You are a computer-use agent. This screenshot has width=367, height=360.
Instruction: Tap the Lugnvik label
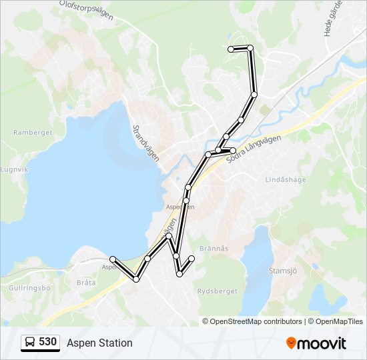coord(15,169)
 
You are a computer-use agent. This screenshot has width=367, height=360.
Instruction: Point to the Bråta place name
coord(86,283)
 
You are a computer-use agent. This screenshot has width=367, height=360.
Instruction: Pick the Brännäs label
coord(213,248)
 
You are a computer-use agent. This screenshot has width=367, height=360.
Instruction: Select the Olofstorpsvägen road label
coord(84,11)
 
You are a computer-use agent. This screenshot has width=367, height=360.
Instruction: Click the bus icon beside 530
coord(30,343)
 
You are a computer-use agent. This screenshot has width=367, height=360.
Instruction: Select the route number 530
coord(47,342)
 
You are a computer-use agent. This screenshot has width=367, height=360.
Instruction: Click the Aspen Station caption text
coord(99,343)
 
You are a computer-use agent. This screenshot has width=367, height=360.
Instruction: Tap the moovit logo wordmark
coord(322,343)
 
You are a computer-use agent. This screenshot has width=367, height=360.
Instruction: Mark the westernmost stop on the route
coord(113,259)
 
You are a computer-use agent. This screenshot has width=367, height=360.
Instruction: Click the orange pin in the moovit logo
coord(292,343)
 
